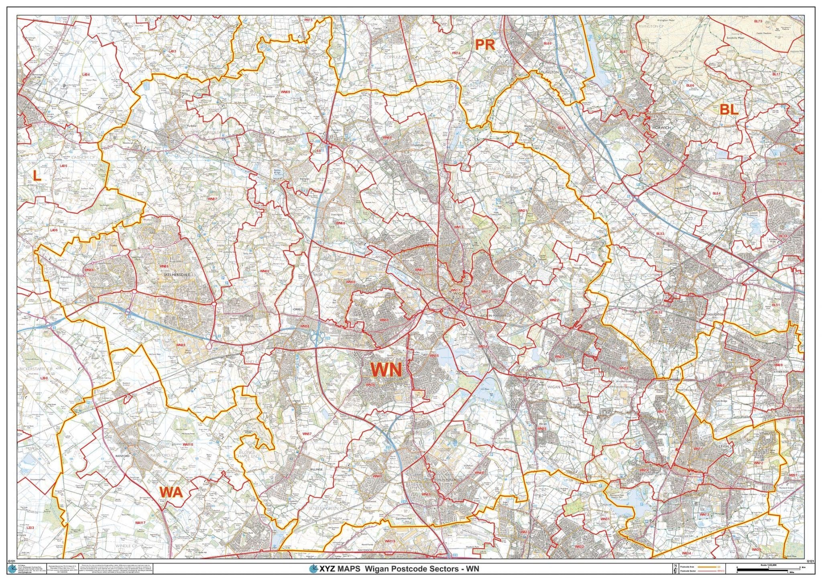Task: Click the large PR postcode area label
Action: [x=485, y=45]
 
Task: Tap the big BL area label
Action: [x=729, y=110]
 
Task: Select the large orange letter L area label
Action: [x=37, y=175]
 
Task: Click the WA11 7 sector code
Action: [x=140, y=523]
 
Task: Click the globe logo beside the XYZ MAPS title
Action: [x=313, y=569]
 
